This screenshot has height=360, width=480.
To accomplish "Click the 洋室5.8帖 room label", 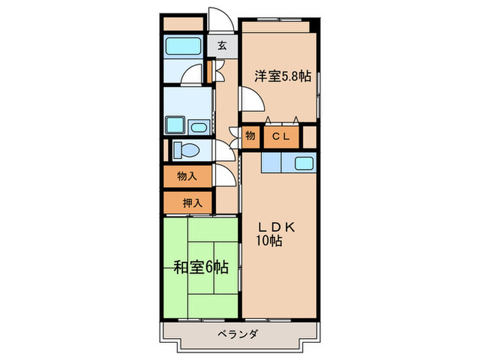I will click(x=283, y=76).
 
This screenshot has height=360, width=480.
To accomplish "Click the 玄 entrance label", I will click(x=223, y=46).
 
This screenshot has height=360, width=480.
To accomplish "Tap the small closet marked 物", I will click(x=250, y=136).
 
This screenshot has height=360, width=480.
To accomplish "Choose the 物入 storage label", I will click(x=187, y=177).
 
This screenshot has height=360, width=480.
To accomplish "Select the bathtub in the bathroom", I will click(x=183, y=46).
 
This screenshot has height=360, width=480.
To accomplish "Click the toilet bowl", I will click(x=185, y=149).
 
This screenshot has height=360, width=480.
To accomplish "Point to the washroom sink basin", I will click(x=200, y=127).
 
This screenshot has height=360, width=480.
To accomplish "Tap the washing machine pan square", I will click(x=175, y=125).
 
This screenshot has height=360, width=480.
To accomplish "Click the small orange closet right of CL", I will click(x=309, y=136).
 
